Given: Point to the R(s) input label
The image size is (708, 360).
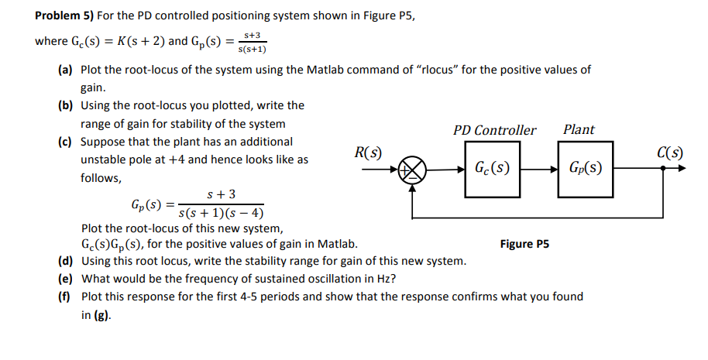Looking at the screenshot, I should pos(366,152).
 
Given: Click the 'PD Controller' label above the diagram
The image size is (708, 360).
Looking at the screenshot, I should pos(494,130).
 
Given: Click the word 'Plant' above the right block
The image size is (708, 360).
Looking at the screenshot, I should pos(579,129).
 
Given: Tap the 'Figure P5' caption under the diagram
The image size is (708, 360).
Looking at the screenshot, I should pos(524,244).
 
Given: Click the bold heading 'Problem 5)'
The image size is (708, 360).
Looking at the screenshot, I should pos(64,16).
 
